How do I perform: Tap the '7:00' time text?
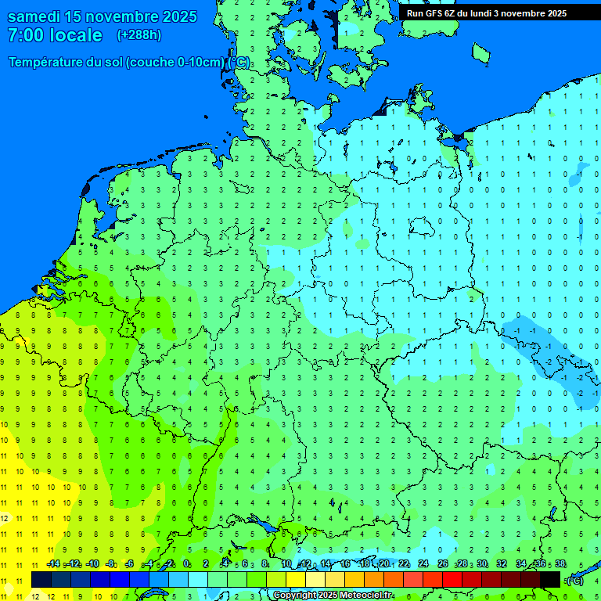(26, 35)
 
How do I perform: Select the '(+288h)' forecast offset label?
(139, 35)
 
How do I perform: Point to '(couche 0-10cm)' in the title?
(175, 63)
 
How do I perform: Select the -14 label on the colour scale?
(52, 564)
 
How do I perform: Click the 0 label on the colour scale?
(186, 564)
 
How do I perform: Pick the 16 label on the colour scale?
(345, 564)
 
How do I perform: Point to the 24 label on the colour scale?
(423, 564)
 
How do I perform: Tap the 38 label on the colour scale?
(560, 564)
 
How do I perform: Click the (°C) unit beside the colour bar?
(575, 580)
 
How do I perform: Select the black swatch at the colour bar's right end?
(550, 579)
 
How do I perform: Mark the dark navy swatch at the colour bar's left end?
(41, 579)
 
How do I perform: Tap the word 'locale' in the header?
(76, 35)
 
